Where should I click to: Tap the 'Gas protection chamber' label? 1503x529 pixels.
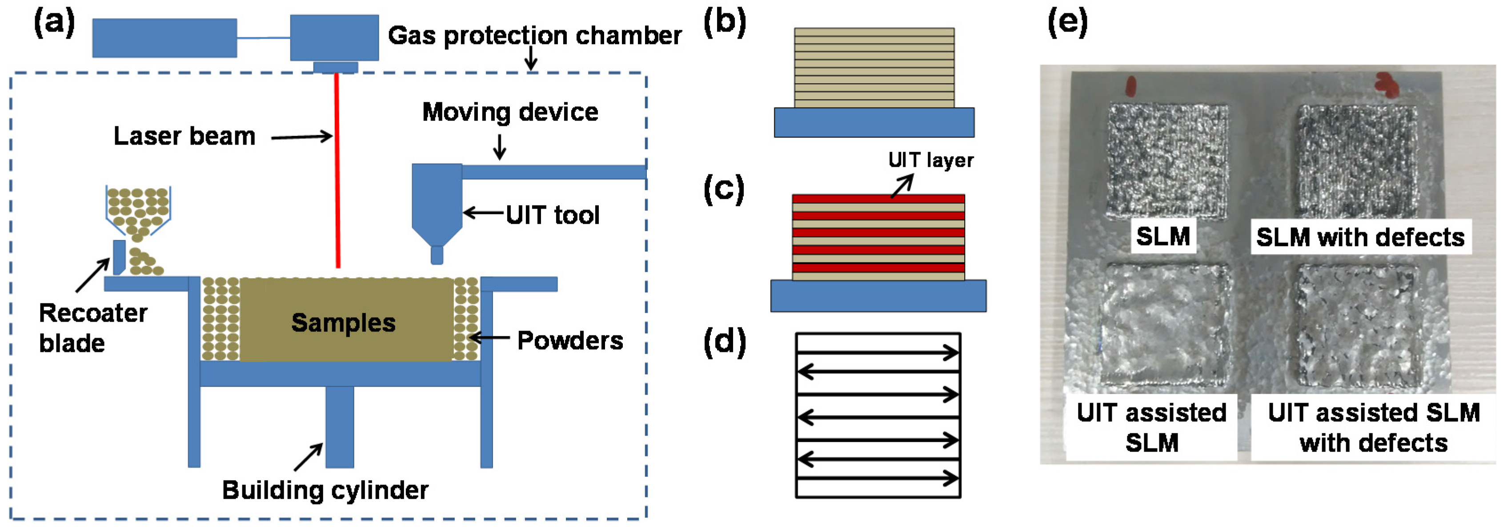pyautogui.click(x=534, y=36)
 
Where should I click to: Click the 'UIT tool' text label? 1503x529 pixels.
pyautogui.click(x=552, y=215)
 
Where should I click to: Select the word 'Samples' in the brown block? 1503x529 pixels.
pyautogui.click(x=343, y=322)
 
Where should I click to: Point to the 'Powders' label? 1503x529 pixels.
pyautogui.click(x=569, y=340)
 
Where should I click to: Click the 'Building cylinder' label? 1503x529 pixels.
pyautogui.click(x=325, y=490)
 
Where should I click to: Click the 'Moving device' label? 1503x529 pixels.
pyautogui.click(x=510, y=112)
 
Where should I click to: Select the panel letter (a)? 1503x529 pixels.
pyautogui.click(x=54, y=23)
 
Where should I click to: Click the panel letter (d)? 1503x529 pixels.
pyautogui.click(x=724, y=342)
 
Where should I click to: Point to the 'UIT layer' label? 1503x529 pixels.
pyautogui.click(x=930, y=160)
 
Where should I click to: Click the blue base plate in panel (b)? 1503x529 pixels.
pyautogui.click(x=874, y=123)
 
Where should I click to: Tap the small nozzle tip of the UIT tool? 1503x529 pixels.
pyautogui.click(x=437, y=255)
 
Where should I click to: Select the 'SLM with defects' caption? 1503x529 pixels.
pyautogui.click(x=1360, y=237)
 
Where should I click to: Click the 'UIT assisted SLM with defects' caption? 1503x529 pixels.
pyautogui.click(x=1373, y=428)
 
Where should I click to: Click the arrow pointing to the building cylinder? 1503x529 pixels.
pyautogui.click(x=308, y=456)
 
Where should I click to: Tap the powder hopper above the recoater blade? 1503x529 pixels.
pyautogui.click(x=138, y=208)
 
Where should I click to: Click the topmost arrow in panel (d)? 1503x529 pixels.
pyautogui.click(x=878, y=352)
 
